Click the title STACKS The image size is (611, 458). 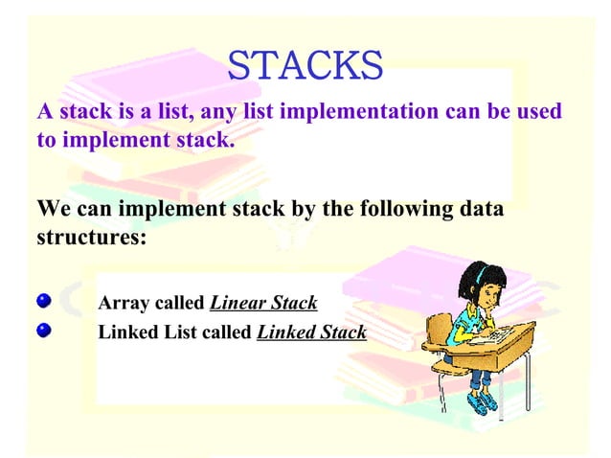(305, 65)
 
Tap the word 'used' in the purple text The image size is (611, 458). (538, 112)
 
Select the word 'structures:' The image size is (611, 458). (91, 236)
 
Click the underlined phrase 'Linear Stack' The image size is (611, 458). (263, 304)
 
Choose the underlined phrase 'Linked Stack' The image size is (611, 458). (312, 332)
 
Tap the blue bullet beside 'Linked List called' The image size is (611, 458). (43, 332)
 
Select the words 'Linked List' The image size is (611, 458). (142, 332)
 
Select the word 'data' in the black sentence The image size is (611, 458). (480, 209)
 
